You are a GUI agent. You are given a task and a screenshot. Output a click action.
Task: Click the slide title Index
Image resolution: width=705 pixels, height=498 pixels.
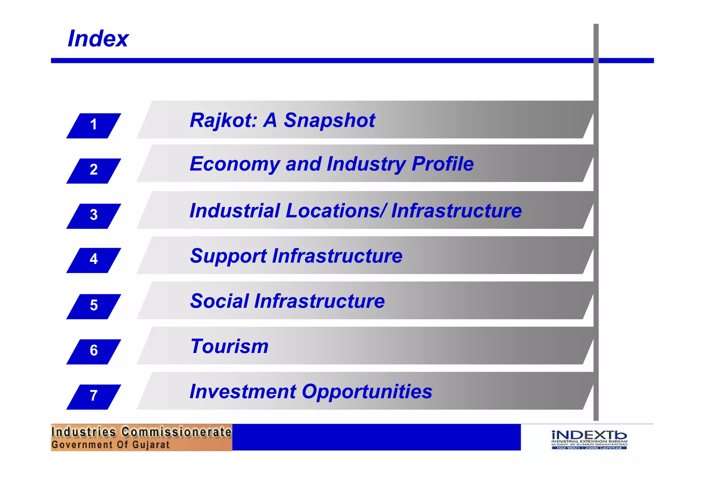[98, 39]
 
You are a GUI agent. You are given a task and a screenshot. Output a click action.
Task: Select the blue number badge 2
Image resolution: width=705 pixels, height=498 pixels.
[94, 171]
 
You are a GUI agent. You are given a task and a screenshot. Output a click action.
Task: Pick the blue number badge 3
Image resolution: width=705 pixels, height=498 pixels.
[94, 216]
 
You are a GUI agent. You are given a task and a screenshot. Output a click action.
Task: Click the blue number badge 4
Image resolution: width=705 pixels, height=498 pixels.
[94, 260]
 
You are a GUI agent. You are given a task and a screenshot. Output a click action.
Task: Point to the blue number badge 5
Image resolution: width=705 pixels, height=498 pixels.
[94, 306]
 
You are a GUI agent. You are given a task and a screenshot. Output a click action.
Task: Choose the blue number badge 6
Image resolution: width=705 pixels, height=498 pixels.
[94, 351]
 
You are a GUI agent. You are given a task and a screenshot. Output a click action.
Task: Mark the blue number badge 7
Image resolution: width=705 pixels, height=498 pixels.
[94, 396]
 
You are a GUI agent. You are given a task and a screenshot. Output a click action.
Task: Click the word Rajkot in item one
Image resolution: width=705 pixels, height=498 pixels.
[223, 120]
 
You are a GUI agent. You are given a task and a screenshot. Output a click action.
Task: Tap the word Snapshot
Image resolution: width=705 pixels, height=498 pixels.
[329, 120]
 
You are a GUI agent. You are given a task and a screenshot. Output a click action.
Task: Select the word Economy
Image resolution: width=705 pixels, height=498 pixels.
[235, 164]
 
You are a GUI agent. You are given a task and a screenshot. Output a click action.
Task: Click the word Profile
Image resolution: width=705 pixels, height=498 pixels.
[443, 164]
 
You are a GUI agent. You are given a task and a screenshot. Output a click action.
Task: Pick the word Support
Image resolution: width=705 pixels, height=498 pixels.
[228, 256]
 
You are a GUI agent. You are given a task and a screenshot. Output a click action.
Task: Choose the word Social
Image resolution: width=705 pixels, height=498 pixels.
[219, 301]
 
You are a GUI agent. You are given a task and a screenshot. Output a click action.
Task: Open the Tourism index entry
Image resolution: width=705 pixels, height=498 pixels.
[229, 346]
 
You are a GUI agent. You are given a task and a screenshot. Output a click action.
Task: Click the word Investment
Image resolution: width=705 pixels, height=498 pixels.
[243, 392]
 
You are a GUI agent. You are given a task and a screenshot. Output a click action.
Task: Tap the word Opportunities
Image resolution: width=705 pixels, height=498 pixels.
[367, 392]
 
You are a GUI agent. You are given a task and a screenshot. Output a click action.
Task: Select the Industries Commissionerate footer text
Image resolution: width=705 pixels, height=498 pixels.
[141, 432]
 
